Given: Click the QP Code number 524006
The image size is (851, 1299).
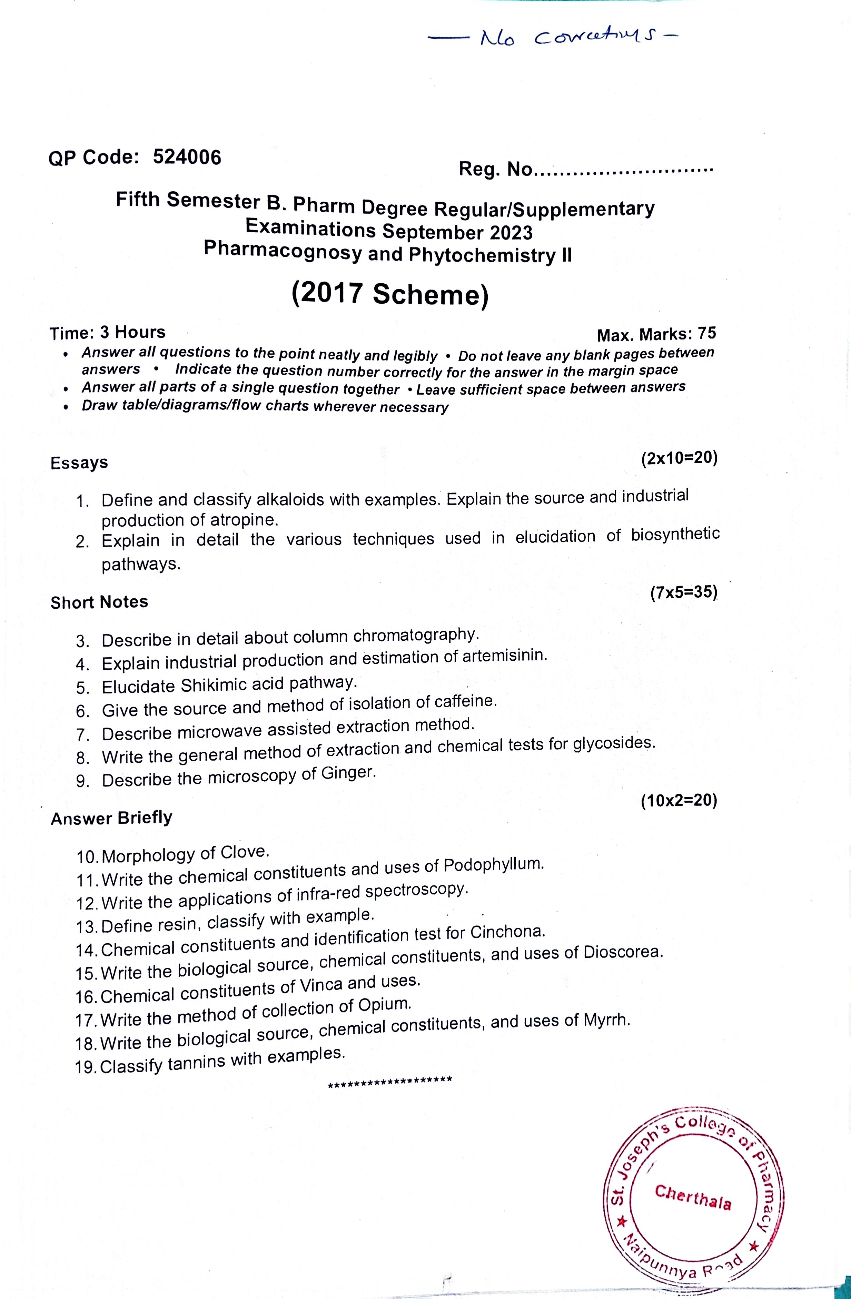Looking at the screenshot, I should click(x=187, y=157).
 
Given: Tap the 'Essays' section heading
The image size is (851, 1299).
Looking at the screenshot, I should click(x=79, y=463).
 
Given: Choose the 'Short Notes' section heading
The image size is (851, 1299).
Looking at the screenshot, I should click(x=99, y=602).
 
